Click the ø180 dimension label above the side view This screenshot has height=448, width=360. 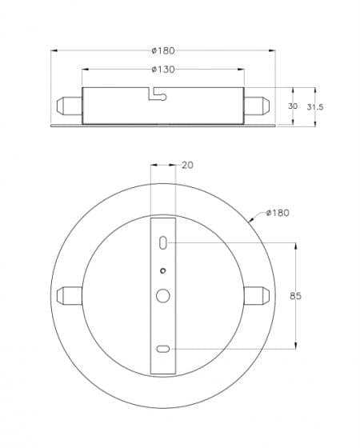tap(163, 50)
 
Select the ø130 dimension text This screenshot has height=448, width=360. tap(163, 69)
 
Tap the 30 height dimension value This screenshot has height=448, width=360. tap(293, 106)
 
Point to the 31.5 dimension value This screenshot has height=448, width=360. tap(315, 107)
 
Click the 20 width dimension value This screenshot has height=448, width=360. tap(187, 165)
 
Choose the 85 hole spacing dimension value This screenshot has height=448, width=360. tap(296, 296)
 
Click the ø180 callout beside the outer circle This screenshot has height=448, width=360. tap(278, 213)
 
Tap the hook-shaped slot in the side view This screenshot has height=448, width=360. tap(158, 94)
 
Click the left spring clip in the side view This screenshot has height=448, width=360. tap(70, 106)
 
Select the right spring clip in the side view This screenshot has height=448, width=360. tap(257, 106)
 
